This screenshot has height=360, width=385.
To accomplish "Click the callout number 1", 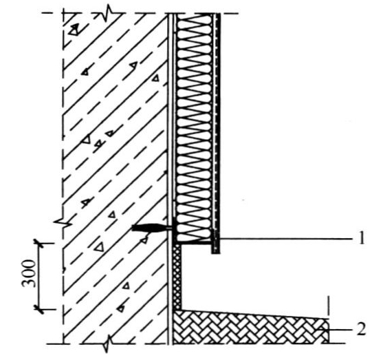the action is click(x=361, y=238).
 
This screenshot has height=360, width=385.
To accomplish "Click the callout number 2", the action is click(x=361, y=329).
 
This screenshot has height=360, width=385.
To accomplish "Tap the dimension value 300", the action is click(x=28, y=273).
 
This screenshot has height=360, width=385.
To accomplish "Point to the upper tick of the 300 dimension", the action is click(x=38, y=244).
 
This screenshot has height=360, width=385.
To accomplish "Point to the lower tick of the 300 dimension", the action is click(x=38, y=309).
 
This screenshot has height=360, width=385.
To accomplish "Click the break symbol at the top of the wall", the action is click(x=108, y=14).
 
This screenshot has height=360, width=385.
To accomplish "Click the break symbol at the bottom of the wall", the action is click(x=107, y=343).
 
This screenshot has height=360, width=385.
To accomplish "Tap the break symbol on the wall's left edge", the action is click(x=63, y=222).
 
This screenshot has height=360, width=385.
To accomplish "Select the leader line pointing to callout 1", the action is click(x=285, y=239).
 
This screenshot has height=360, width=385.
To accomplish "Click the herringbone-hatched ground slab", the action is click(x=250, y=328).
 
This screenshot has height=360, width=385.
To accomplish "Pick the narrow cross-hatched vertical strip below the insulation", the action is click(x=177, y=277).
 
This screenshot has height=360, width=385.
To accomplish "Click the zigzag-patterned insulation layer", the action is click(x=195, y=128).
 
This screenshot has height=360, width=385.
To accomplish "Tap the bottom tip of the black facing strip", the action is click(x=216, y=253).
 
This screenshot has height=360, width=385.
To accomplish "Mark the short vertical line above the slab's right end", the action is click(x=328, y=306).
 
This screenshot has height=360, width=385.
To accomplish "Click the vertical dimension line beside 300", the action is click(x=38, y=277).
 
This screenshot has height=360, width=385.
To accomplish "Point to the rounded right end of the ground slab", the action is click(x=328, y=330).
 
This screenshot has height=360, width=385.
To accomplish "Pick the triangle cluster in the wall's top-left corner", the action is click(x=74, y=29).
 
